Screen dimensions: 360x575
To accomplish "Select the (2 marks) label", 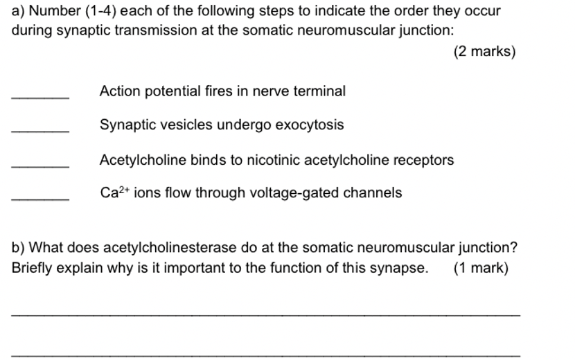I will click(x=485, y=52).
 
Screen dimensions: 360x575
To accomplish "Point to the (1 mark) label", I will click(x=481, y=268).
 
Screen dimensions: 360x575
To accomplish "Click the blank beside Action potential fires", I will click(x=40, y=97).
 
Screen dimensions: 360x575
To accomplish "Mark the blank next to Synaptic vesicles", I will click(x=40, y=131).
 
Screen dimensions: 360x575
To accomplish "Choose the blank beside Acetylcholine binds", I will click(x=40, y=166).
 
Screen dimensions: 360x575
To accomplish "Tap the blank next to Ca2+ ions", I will click(x=40, y=199).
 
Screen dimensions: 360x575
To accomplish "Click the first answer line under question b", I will click(x=265, y=315).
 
